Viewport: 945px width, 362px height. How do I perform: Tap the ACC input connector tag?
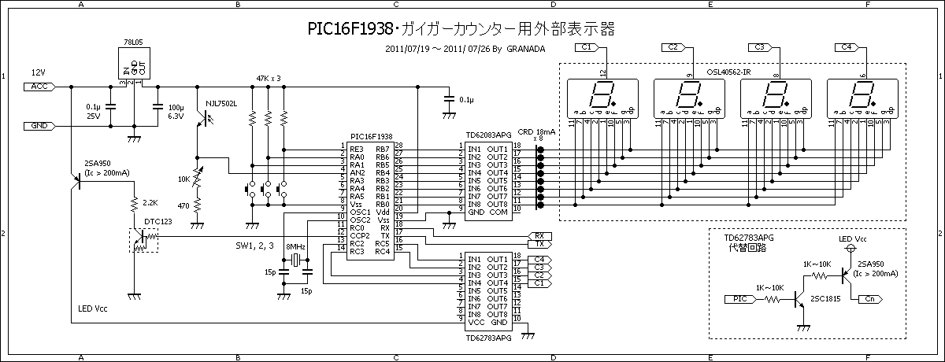click(x=39, y=86)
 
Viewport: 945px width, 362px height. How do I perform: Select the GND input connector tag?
click(x=39, y=125)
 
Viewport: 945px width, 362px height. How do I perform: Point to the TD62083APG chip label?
click(x=490, y=135)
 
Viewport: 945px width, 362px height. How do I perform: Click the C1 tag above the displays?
click(x=587, y=48)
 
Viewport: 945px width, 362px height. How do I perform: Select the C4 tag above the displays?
click(x=847, y=48)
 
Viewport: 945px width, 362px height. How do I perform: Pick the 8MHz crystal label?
click(x=296, y=246)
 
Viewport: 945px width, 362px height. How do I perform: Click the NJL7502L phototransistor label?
click(x=222, y=103)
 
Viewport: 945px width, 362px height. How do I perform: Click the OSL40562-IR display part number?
click(x=729, y=72)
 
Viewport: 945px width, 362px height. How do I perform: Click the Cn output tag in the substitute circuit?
click(x=869, y=299)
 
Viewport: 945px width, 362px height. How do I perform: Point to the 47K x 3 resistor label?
click(x=269, y=79)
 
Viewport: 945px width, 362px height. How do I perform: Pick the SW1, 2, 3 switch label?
click(x=255, y=246)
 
